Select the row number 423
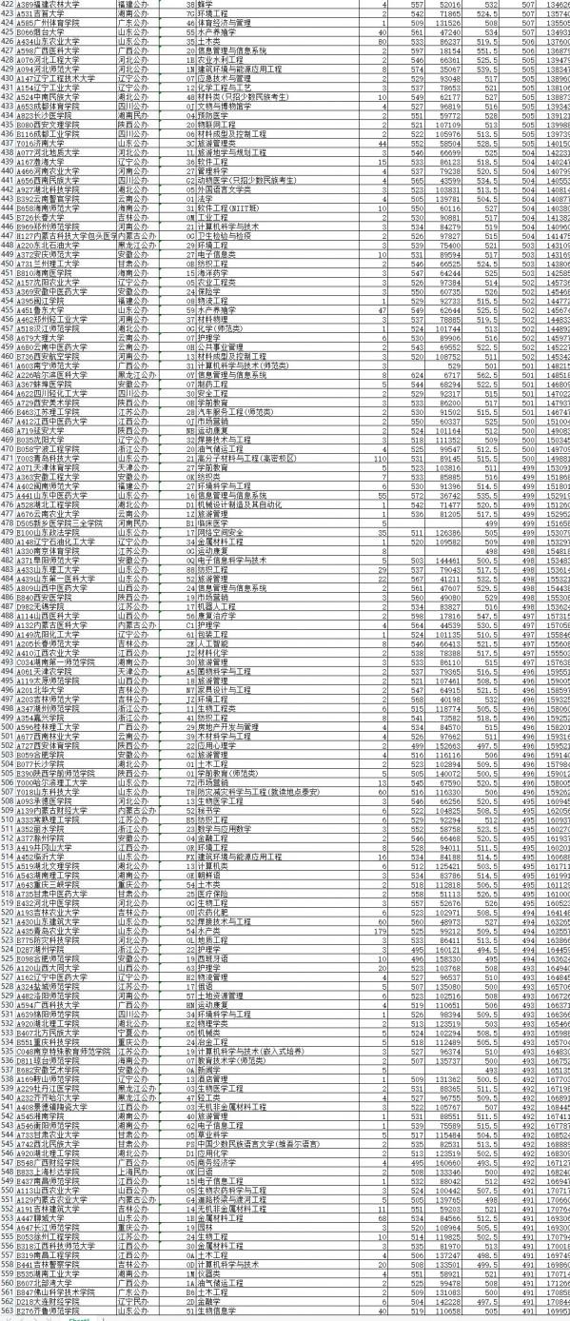[9, 14]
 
